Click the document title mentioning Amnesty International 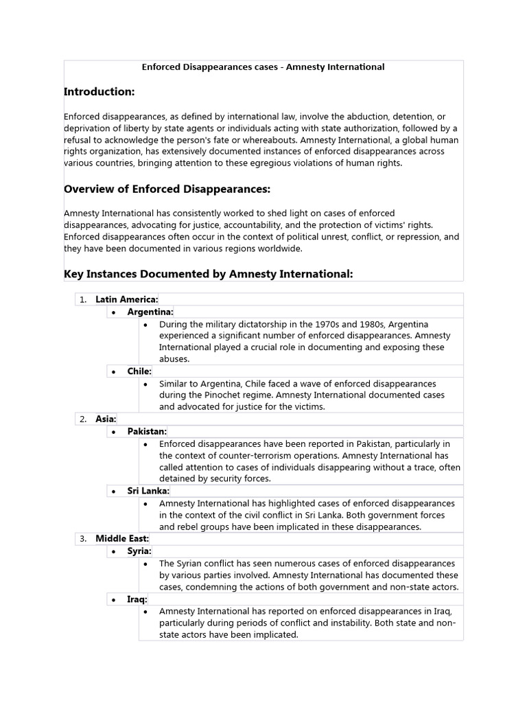click(263, 67)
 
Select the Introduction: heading click(99, 91)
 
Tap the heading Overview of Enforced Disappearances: click(167, 189)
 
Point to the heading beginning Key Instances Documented click(208, 274)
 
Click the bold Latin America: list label click(127, 299)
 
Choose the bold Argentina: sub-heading click(150, 312)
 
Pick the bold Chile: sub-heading click(139, 371)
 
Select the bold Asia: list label click(106, 418)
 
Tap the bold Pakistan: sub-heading click(147, 431)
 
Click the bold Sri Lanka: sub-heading click(148, 491)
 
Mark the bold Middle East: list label click(122, 538)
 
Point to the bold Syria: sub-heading click(139, 551)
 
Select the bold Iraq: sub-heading click(137, 599)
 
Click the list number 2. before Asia click(82, 418)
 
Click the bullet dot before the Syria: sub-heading click(114, 551)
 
